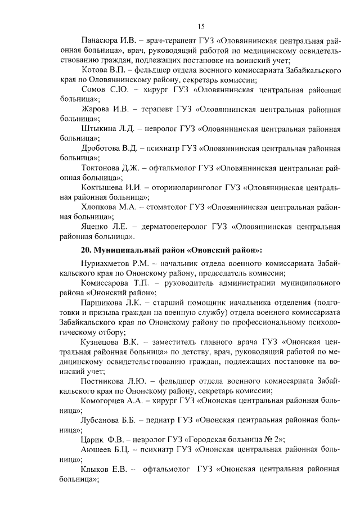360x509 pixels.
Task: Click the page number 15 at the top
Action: coord(201,26)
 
